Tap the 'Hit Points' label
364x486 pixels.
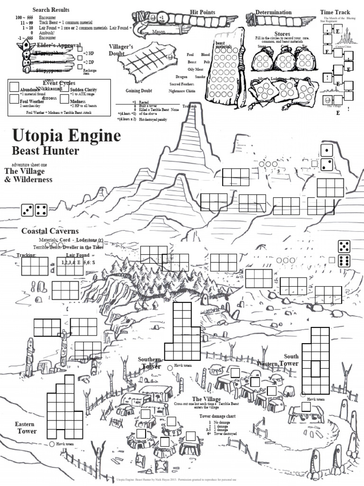tap(202, 12)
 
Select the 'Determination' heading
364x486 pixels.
tap(273, 12)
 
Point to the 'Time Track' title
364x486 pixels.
tap(335, 12)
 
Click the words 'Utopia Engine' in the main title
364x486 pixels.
tap(66, 136)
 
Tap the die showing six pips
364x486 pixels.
tap(344, 261)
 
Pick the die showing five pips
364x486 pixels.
tap(344, 246)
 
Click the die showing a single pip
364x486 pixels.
tap(327, 151)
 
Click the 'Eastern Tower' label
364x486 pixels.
tap(27, 427)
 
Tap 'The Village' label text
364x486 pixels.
tap(206, 399)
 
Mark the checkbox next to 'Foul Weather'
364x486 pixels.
tap(14, 99)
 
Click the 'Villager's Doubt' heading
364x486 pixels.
tap(123, 50)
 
